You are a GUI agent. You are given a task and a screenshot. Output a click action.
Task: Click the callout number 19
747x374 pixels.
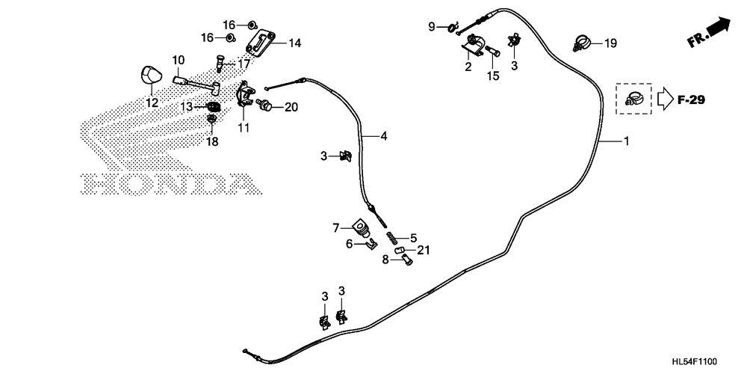pos(610,44)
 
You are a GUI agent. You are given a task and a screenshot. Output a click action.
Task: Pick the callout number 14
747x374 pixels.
pos(294,43)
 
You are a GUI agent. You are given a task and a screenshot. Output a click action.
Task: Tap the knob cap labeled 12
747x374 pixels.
pos(150,76)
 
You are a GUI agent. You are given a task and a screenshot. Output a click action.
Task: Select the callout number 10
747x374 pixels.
pos(178,60)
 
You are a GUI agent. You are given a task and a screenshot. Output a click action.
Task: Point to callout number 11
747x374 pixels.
pos(243,128)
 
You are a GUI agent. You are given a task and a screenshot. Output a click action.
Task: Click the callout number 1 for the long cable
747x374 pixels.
pos(626,141)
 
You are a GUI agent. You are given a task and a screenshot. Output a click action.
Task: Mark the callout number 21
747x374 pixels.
pos(424,249)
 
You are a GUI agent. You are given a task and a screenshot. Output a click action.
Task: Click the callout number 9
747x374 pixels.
pos(431,27)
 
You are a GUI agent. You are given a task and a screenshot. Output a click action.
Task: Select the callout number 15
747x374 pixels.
pos(493,76)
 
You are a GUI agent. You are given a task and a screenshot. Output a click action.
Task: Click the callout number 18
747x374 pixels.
pos(212,141)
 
